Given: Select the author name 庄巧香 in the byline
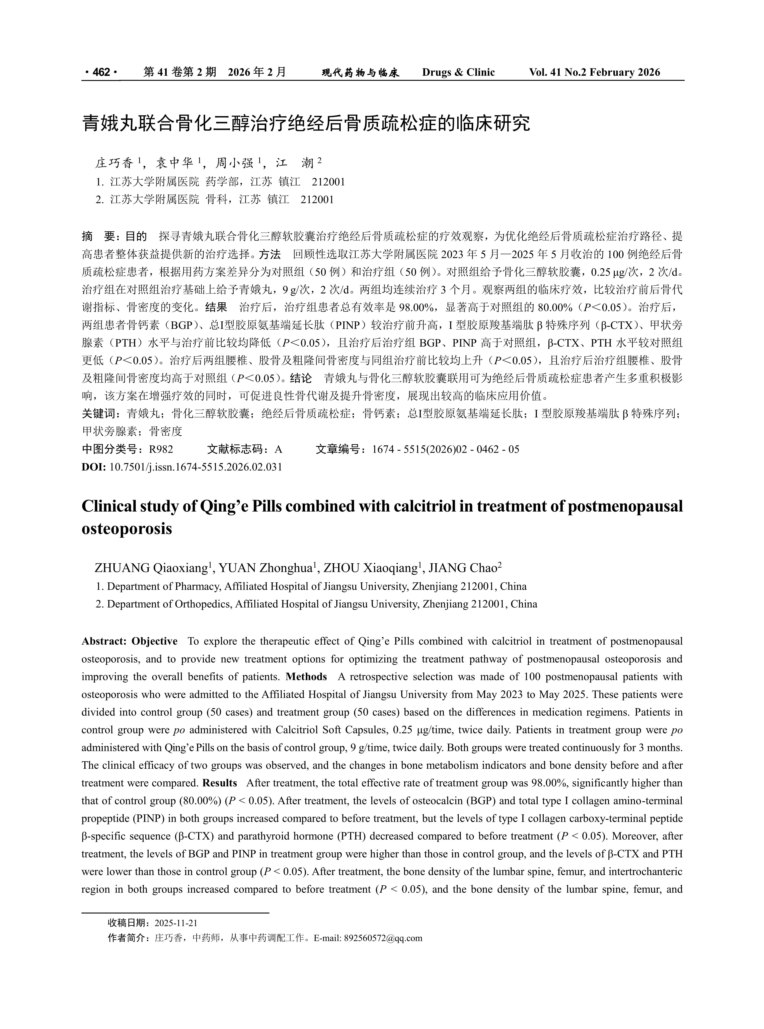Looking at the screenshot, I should (114, 163).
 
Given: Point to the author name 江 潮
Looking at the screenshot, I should (295, 163).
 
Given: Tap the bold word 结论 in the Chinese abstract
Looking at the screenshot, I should (301, 378).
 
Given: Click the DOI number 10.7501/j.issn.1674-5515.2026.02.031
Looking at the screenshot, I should (195, 467).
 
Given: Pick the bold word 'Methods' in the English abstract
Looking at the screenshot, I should (306, 677).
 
